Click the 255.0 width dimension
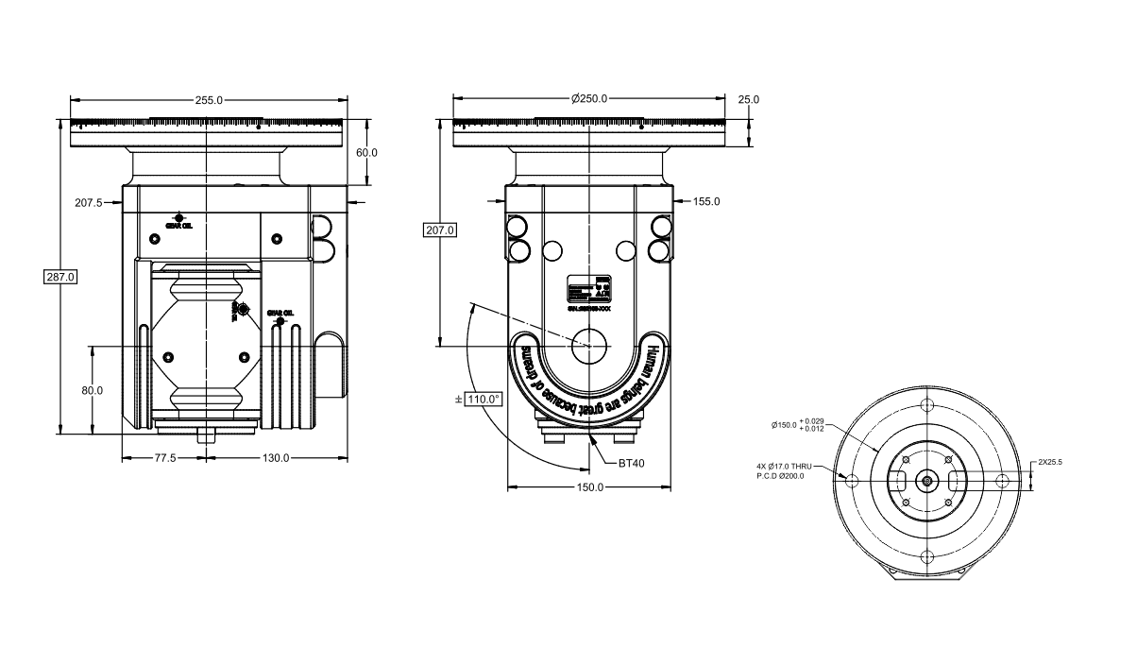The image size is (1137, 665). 209,100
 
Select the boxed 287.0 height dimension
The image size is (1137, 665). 60,277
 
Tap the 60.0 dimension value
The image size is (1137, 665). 366,153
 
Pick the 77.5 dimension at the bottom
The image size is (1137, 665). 164,458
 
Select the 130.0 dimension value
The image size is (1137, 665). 276,458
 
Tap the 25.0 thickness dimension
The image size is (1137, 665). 749,100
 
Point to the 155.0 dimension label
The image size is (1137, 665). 706,202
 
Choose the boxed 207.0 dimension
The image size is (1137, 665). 440,230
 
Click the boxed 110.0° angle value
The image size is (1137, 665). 484,400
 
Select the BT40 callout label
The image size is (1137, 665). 631,464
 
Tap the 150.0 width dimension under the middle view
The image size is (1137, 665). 589,487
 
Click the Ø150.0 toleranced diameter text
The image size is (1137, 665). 798,425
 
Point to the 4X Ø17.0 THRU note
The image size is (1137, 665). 784,467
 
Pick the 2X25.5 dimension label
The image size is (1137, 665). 1050,463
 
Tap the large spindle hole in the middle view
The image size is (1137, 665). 589,345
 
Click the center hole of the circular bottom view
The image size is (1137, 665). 927,481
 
